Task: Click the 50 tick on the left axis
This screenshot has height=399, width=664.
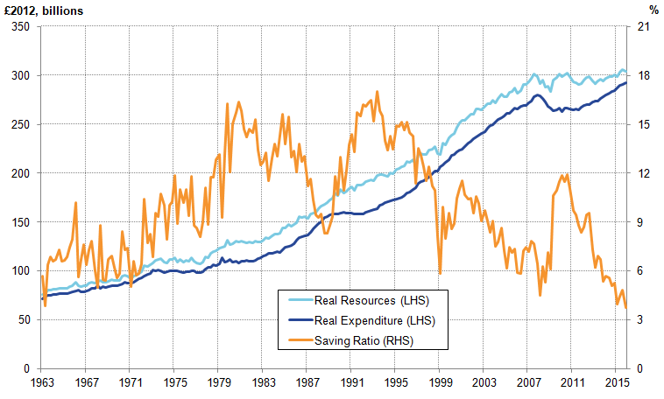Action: (24, 320)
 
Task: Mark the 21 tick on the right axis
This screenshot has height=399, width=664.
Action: (641, 27)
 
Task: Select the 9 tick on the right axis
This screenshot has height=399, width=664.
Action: (639, 222)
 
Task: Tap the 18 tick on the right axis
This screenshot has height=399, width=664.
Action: (641, 76)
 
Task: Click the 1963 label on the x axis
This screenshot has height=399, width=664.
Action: (40, 382)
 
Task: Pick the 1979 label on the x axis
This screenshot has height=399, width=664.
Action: (220, 382)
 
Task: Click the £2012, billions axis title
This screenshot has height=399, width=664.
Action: (44, 10)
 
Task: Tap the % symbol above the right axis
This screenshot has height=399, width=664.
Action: (653, 10)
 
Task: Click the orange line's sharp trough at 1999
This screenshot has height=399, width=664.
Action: (440, 274)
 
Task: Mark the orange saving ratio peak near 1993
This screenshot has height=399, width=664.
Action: (377, 92)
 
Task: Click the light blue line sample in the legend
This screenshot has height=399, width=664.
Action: (303, 302)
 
